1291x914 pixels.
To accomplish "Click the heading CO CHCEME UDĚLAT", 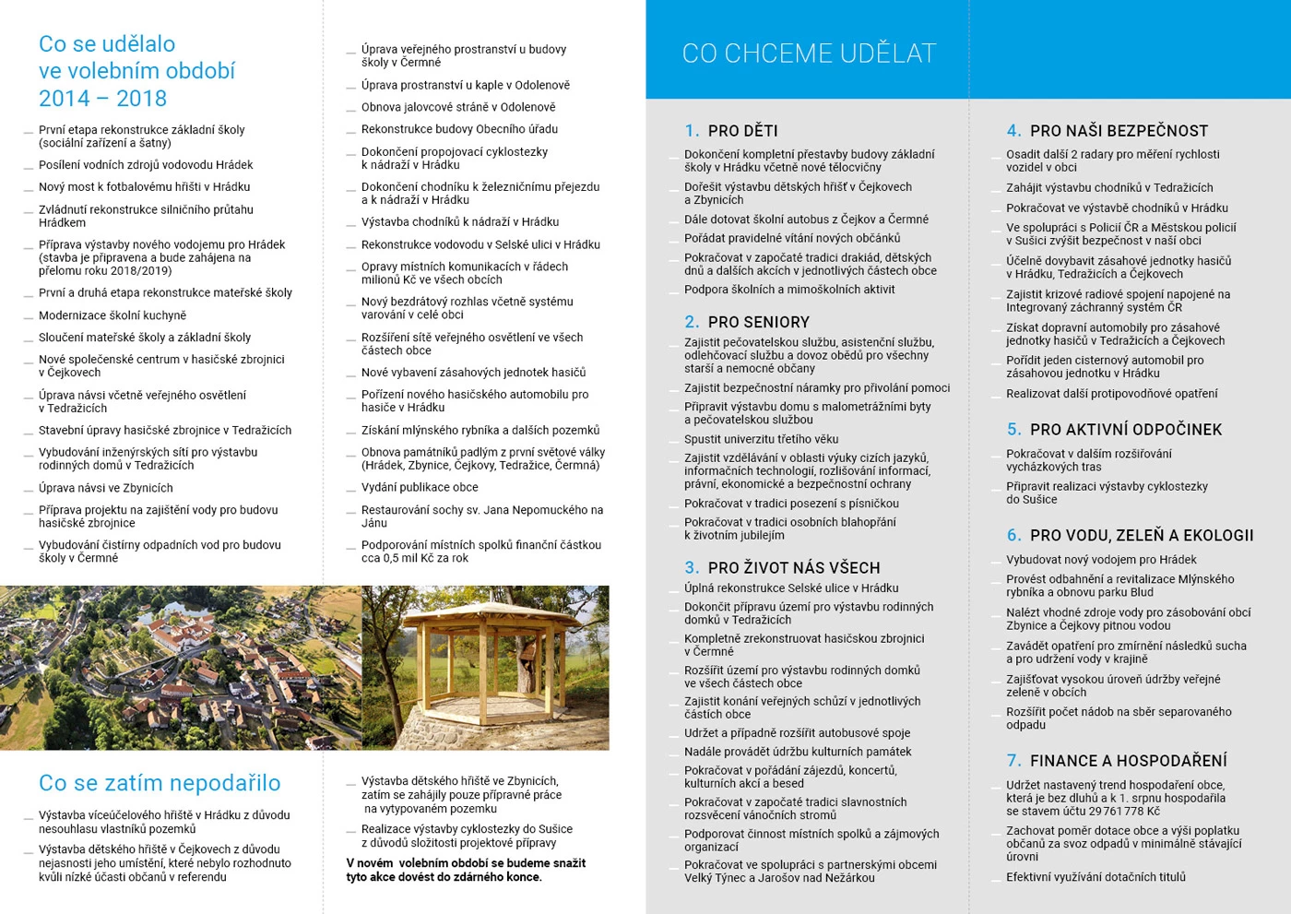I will [809, 53].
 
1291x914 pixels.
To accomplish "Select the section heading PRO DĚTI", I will [742, 131].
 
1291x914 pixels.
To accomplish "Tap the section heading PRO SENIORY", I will [758, 322].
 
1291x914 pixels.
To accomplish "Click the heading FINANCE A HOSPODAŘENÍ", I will [1128, 761].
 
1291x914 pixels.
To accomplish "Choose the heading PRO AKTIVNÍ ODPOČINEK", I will [1125, 430].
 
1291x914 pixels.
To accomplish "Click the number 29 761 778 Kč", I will [1124, 812].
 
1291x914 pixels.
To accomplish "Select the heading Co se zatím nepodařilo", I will [160, 783].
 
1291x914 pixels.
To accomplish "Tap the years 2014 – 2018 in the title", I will [102, 99].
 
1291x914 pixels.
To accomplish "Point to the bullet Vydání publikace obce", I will [420, 487].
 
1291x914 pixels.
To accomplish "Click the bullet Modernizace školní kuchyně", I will [113, 315].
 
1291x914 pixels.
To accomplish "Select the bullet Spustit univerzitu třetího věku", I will [761, 439].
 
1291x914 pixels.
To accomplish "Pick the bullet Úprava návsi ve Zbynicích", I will [106, 488].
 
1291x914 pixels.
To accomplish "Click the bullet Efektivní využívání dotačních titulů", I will [1096, 877].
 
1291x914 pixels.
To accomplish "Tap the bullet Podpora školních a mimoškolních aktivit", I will [789, 290].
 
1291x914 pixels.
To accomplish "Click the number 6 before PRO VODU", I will [1013, 536].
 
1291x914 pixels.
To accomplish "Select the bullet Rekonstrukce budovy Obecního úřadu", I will [459, 129].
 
